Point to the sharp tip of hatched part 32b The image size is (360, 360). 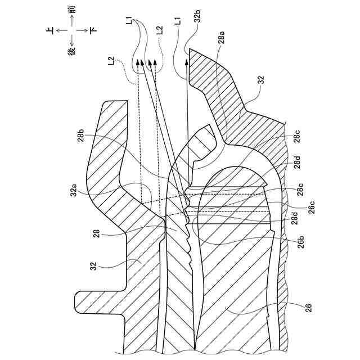(x=190, y=49)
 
